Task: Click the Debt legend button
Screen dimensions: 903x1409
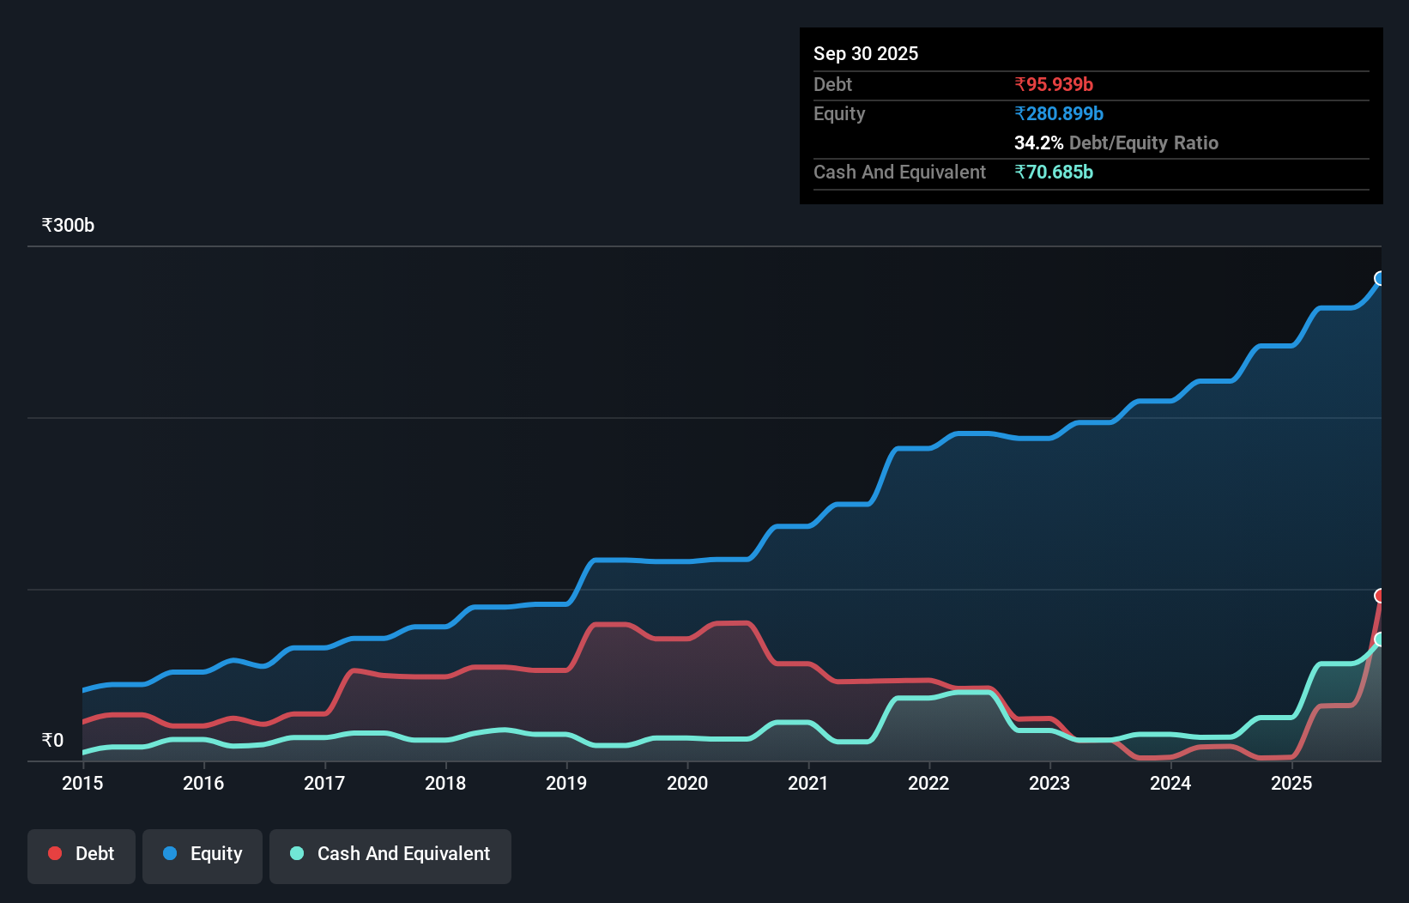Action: (x=82, y=855)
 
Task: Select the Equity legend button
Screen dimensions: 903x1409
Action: (x=203, y=855)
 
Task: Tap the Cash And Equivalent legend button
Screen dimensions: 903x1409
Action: (x=390, y=855)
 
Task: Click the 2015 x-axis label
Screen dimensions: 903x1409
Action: (x=82, y=783)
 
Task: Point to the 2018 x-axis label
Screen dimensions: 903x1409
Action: (x=445, y=783)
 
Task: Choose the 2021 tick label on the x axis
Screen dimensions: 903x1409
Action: (x=808, y=783)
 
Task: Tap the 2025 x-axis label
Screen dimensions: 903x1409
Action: (x=1291, y=783)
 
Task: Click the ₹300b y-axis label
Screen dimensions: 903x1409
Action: (x=68, y=226)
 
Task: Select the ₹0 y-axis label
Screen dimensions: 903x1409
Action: (x=52, y=740)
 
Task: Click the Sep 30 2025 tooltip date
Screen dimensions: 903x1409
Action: (x=865, y=53)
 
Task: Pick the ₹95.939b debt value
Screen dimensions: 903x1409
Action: (x=1053, y=84)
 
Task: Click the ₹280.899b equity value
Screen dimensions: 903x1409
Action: (x=1058, y=113)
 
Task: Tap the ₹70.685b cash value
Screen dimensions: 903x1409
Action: (x=1053, y=172)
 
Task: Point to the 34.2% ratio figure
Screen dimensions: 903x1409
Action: (x=1038, y=142)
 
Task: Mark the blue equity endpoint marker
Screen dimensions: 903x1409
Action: (x=1380, y=278)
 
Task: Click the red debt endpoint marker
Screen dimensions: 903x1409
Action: (x=1380, y=596)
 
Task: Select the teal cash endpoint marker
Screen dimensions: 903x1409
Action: (x=1380, y=639)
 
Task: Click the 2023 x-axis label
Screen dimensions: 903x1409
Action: (x=1049, y=783)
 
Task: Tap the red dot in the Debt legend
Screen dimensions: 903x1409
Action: (x=55, y=853)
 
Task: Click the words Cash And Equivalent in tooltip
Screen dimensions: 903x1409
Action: (x=899, y=172)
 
